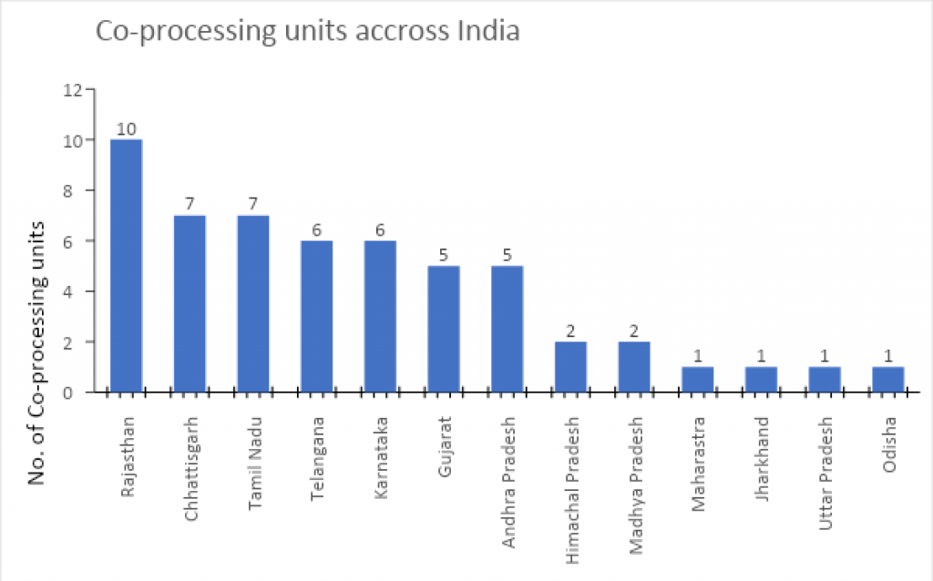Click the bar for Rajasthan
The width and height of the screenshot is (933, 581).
(x=126, y=266)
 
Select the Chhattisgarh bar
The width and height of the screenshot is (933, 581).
(x=190, y=303)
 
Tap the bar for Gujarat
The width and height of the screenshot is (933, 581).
(x=444, y=329)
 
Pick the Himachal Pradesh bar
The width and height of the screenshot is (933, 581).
(x=570, y=366)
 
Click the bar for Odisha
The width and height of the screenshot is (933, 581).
(x=887, y=379)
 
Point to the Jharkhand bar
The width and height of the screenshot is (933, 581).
(x=761, y=379)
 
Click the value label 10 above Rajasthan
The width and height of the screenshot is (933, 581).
(x=126, y=128)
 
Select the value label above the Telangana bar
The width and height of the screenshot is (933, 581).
(x=316, y=229)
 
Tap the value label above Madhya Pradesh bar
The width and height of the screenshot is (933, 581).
(x=634, y=331)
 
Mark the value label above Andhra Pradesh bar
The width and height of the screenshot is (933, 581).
(x=507, y=255)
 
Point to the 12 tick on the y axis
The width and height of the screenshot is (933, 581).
(x=73, y=90)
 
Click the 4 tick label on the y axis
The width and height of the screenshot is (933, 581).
(x=77, y=291)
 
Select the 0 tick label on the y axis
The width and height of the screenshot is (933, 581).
(x=77, y=392)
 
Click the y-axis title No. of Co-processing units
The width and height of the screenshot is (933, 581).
(x=37, y=352)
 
